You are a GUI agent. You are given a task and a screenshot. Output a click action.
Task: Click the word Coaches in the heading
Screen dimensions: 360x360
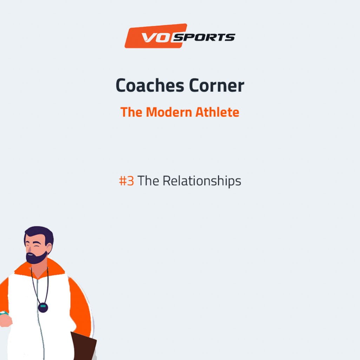click(150, 85)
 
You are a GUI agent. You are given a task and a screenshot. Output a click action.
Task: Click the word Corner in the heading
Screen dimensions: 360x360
click(217, 85)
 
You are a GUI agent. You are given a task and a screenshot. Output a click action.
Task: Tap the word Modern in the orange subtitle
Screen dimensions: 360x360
click(169, 112)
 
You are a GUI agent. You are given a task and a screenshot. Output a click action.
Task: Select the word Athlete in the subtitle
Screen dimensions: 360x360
click(217, 112)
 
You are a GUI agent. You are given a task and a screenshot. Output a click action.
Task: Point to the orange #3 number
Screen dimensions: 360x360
click(126, 181)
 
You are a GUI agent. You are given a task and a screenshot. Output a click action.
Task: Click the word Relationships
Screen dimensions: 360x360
click(202, 181)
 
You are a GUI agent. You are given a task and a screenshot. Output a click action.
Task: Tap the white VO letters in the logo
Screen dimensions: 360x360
click(156, 38)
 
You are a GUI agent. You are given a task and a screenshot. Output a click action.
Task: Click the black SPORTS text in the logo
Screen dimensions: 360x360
click(204, 37)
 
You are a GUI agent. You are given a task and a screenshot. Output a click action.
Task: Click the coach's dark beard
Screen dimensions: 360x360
click(36, 258)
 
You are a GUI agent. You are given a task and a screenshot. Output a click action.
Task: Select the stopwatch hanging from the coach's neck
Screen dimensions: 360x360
click(43, 308)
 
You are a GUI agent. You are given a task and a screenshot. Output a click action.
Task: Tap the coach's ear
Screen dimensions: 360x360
click(49, 249)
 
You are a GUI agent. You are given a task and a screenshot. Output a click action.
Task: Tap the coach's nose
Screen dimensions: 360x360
click(30, 249)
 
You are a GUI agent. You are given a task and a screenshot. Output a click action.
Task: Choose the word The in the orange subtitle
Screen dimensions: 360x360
click(131, 112)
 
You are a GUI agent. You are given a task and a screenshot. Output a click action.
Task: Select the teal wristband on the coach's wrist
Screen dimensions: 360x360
click(4, 313)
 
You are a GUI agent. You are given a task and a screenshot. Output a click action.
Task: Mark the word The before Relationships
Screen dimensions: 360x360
click(148, 181)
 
